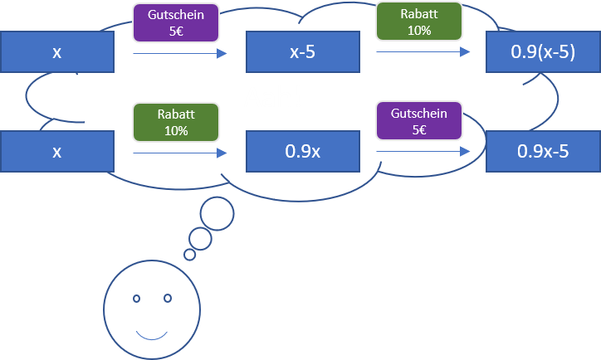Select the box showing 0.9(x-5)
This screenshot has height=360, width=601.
(543, 52)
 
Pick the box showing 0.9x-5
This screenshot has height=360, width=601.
(543, 152)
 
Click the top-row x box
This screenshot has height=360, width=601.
(56, 52)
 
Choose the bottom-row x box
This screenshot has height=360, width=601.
(56, 152)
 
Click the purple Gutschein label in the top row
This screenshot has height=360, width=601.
(175, 22)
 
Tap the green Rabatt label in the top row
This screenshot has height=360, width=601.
(419, 22)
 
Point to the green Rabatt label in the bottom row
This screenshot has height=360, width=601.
(175, 121)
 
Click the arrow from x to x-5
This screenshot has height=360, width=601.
(179, 54)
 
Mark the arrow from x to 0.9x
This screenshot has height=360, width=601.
(179, 153)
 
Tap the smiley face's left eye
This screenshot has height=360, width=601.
(137, 298)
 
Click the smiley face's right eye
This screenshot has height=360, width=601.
(167, 298)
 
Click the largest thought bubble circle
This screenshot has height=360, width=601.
(217, 215)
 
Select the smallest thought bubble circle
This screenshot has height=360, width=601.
(189, 255)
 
